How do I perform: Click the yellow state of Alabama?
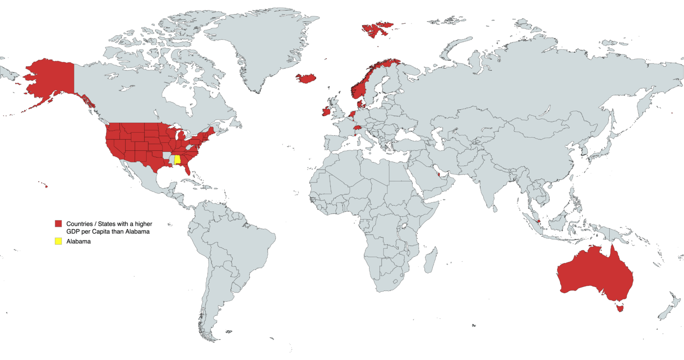[177, 159]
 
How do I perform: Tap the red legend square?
[58, 223]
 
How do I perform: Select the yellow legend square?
[58, 241]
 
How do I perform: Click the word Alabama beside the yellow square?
[78, 242]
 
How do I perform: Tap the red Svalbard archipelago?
[376, 29]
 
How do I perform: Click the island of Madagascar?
[430, 262]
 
